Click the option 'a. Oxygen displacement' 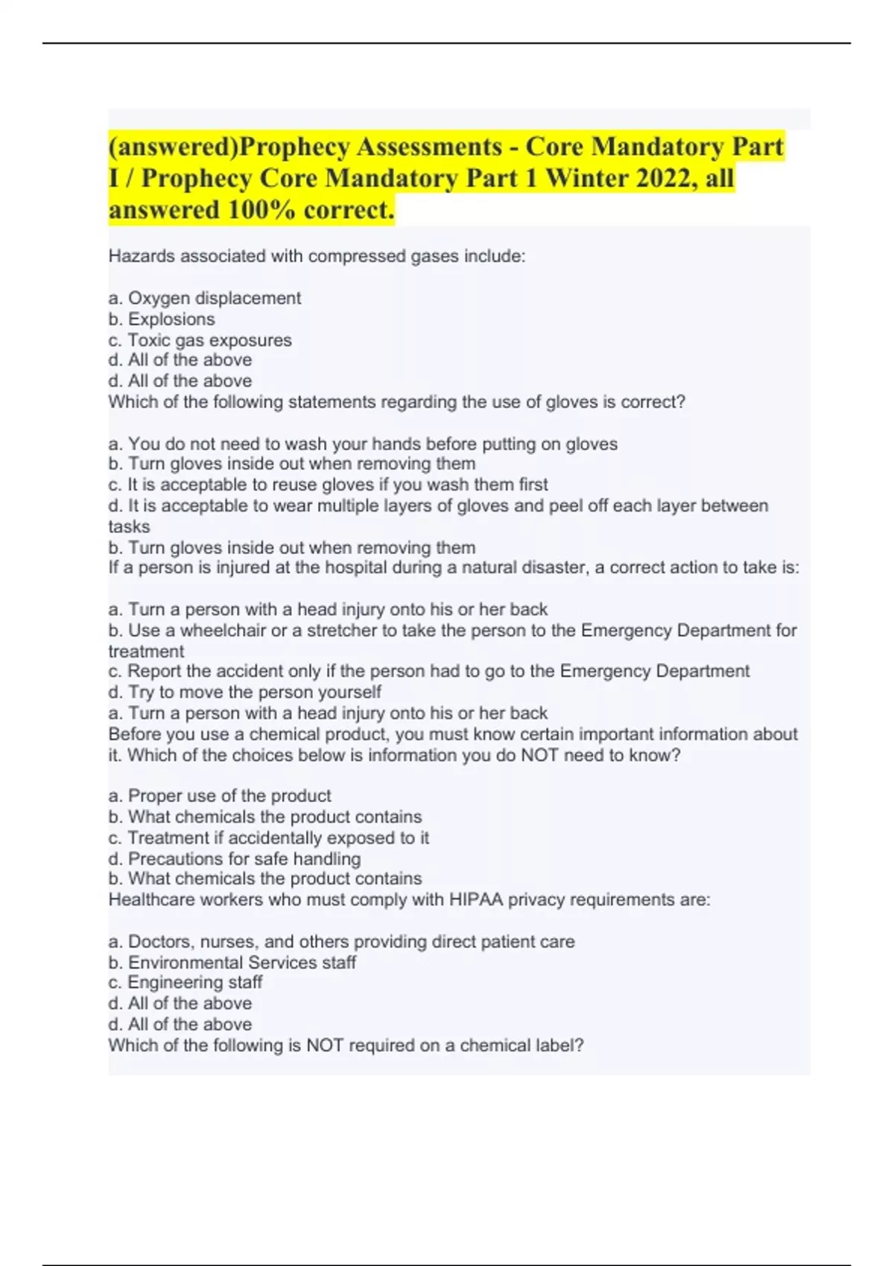205,298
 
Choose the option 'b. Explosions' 162,319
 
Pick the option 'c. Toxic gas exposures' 200,340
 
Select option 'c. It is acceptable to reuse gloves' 328,485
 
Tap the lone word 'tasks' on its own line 129,527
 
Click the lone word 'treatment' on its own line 146,652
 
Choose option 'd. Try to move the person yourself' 245,692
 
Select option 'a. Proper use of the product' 220,795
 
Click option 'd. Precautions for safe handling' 235,859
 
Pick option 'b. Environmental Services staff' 232,962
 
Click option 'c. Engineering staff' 186,982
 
